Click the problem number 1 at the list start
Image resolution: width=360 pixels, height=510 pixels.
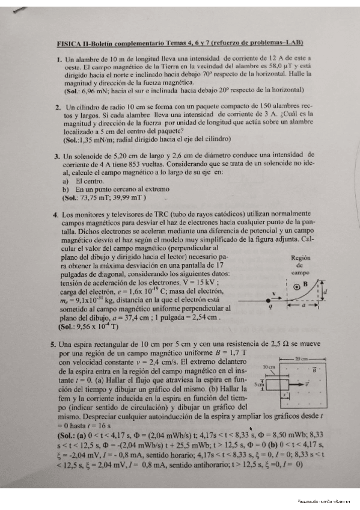coord(58,60)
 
